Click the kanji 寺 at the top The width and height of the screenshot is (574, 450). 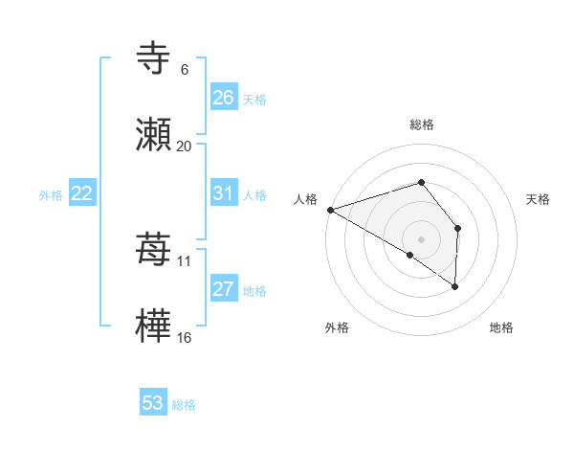point(154,58)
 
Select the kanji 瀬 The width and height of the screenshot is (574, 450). point(154,134)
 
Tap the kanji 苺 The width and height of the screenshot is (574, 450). point(154,250)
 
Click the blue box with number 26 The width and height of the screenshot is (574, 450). point(223,97)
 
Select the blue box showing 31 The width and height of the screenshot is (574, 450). point(223,193)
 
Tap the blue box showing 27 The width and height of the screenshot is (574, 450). point(223,289)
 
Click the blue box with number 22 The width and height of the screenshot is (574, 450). point(82,193)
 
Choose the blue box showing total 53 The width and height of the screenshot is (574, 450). point(153,403)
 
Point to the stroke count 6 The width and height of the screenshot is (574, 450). point(184,70)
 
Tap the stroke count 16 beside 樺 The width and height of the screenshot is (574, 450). point(184,337)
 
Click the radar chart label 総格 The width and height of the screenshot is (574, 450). point(421,124)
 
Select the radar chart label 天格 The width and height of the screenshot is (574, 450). point(539,199)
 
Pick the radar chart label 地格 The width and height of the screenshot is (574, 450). point(501,327)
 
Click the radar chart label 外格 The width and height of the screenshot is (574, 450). point(337,327)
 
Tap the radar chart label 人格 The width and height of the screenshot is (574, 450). point(305,199)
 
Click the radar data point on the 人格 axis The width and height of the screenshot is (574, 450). point(330,209)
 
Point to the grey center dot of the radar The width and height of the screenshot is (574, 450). point(421,238)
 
